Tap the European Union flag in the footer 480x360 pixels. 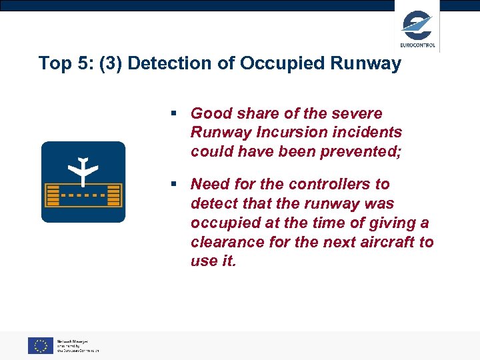coord(40,345)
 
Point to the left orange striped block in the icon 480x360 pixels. coord(54,196)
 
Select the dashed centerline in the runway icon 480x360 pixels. coord(83,196)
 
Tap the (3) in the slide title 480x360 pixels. coord(109,64)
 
